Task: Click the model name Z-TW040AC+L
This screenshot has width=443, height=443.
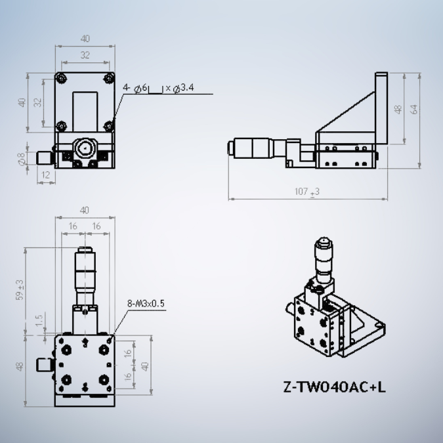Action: click(x=334, y=387)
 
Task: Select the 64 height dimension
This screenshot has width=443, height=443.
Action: click(x=413, y=109)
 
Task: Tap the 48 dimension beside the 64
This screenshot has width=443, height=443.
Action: click(x=397, y=109)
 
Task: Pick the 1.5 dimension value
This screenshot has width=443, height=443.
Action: click(x=40, y=320)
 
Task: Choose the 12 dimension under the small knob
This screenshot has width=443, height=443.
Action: click(x=45, y=175)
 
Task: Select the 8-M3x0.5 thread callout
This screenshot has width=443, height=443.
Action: click(x=145, y=303)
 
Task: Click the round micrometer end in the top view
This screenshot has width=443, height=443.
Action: click(x=84, y=147)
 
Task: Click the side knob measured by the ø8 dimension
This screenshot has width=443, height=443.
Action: click(x=44, y=158)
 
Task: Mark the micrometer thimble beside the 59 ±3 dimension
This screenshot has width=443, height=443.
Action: click(x=84, y=272)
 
